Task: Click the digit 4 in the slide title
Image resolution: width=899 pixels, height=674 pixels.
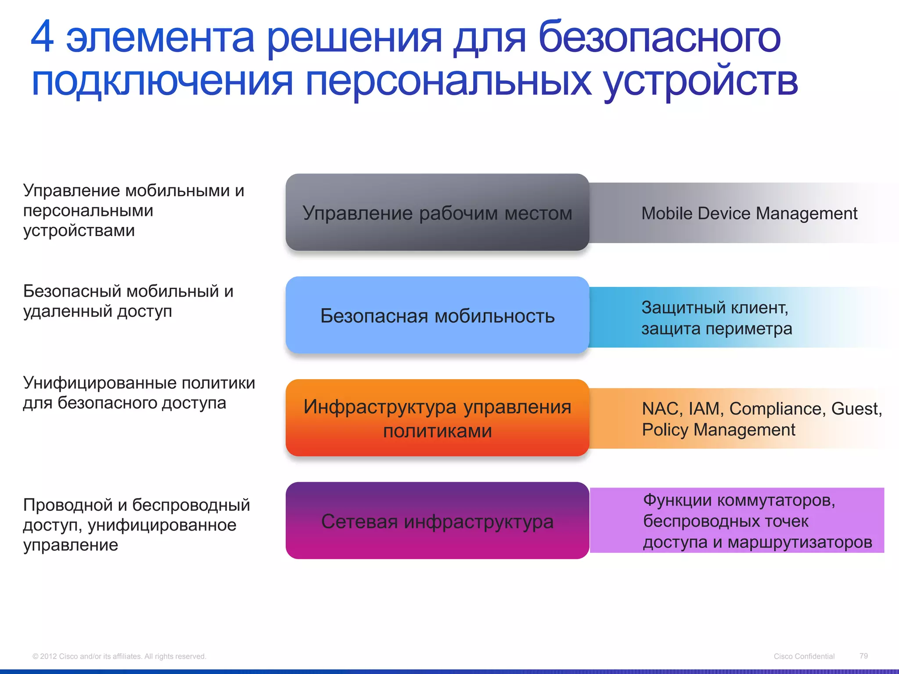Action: click(43, 37)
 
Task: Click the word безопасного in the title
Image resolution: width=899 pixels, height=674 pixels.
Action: click(659, 39)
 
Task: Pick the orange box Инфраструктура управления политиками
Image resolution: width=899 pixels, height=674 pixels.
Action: click(437, 418)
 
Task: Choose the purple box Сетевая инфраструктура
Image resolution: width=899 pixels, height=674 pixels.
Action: click(437, 521)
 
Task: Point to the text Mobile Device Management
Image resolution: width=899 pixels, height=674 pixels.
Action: click(749, 214)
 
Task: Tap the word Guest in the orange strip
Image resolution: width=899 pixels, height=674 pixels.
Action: click(855, 409)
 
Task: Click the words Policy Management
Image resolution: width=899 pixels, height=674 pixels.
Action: click(718, 430)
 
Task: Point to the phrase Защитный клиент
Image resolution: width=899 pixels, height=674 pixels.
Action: click(714, 308)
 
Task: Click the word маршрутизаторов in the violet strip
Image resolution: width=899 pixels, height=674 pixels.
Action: click(800, 542)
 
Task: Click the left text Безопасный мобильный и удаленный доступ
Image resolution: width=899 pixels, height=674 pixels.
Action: click(127, 301)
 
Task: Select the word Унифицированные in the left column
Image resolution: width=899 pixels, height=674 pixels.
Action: click(99, 383)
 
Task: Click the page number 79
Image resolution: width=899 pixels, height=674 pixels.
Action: click(863, 656)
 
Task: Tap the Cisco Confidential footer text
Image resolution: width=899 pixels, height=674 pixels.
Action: click(804, 656)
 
